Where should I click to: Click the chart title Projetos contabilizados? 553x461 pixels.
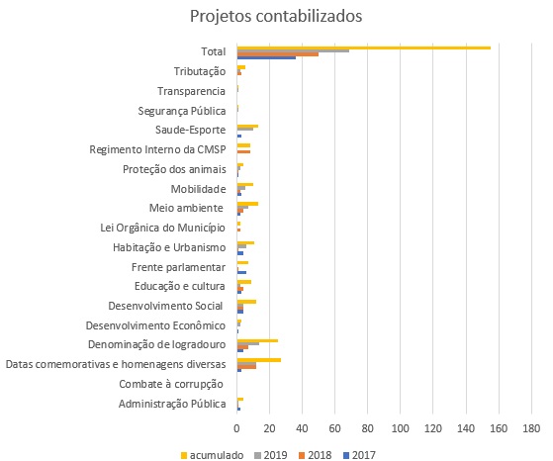pos(276,16)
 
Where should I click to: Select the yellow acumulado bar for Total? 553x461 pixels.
pos(364,47)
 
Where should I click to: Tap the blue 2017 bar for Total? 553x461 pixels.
pos(267,57)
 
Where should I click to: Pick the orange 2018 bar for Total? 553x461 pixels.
pos(278,54)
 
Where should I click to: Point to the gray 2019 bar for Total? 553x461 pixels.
pos(294,51)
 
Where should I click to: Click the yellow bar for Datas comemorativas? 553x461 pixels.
pos(259,360)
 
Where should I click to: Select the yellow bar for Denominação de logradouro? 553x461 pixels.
pos(257,340)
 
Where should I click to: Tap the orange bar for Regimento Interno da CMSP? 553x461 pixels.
pos(243,151)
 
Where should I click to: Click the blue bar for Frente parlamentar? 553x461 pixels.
pos(242,272)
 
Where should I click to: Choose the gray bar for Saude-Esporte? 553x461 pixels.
pos(245,129)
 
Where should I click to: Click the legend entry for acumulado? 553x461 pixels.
pos(212,455)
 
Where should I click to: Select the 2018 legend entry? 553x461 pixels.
pos(316,455)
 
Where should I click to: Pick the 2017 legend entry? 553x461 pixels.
pos(359,455)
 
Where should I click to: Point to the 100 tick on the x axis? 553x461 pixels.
pos(401,428)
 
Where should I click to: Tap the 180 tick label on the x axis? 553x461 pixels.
pos(531,428)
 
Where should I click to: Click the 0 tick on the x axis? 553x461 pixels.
pos(237,428)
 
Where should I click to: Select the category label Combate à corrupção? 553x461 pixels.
pos(171,384)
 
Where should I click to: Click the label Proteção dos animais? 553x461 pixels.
pos(174,169)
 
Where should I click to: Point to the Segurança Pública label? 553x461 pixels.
pos(182,111)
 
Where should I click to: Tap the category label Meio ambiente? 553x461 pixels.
pos(186,208)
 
